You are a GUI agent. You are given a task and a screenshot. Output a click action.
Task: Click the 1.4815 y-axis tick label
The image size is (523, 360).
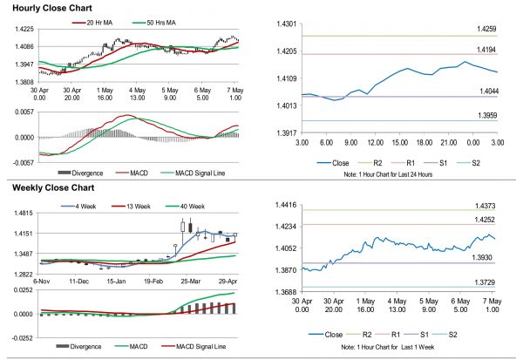click(x=19, y=213)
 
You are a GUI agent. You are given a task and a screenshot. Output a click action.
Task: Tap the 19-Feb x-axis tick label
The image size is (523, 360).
click(x=155, y=282)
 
